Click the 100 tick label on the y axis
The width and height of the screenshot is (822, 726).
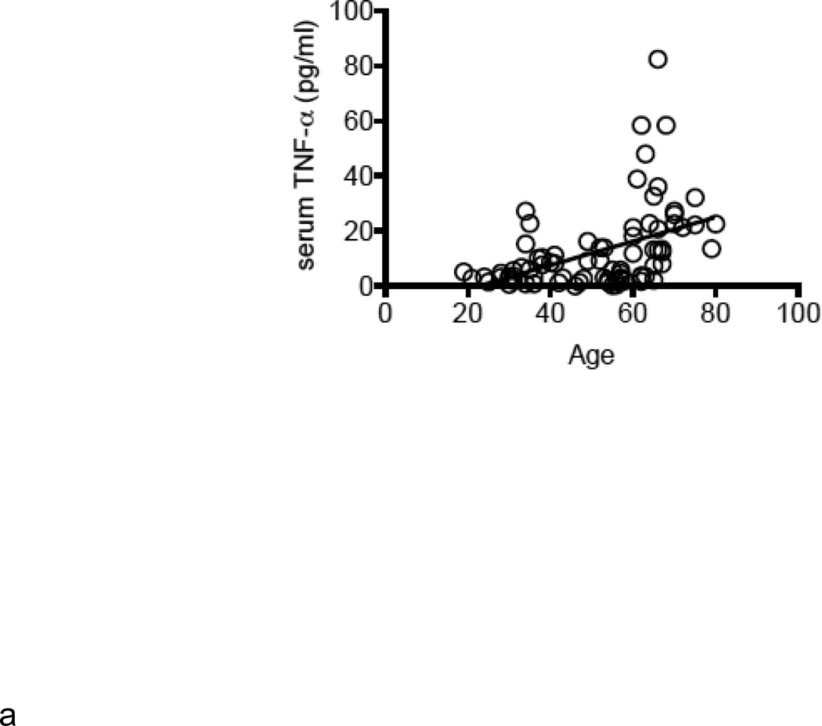[351, 12]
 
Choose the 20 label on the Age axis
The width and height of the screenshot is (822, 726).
[467, 311]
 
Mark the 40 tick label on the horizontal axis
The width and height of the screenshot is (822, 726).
[550, 311]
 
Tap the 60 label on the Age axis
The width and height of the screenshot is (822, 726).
[633, 311]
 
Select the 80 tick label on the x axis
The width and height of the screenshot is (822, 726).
[715, 311]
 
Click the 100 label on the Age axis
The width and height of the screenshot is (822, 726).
[797, 311]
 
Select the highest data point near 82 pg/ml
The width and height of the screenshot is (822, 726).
[658, 60]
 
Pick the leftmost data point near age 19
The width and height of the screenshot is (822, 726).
[463, 272]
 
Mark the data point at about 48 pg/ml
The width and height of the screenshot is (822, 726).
[646, 154]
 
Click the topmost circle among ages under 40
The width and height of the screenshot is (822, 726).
[525, 211]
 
